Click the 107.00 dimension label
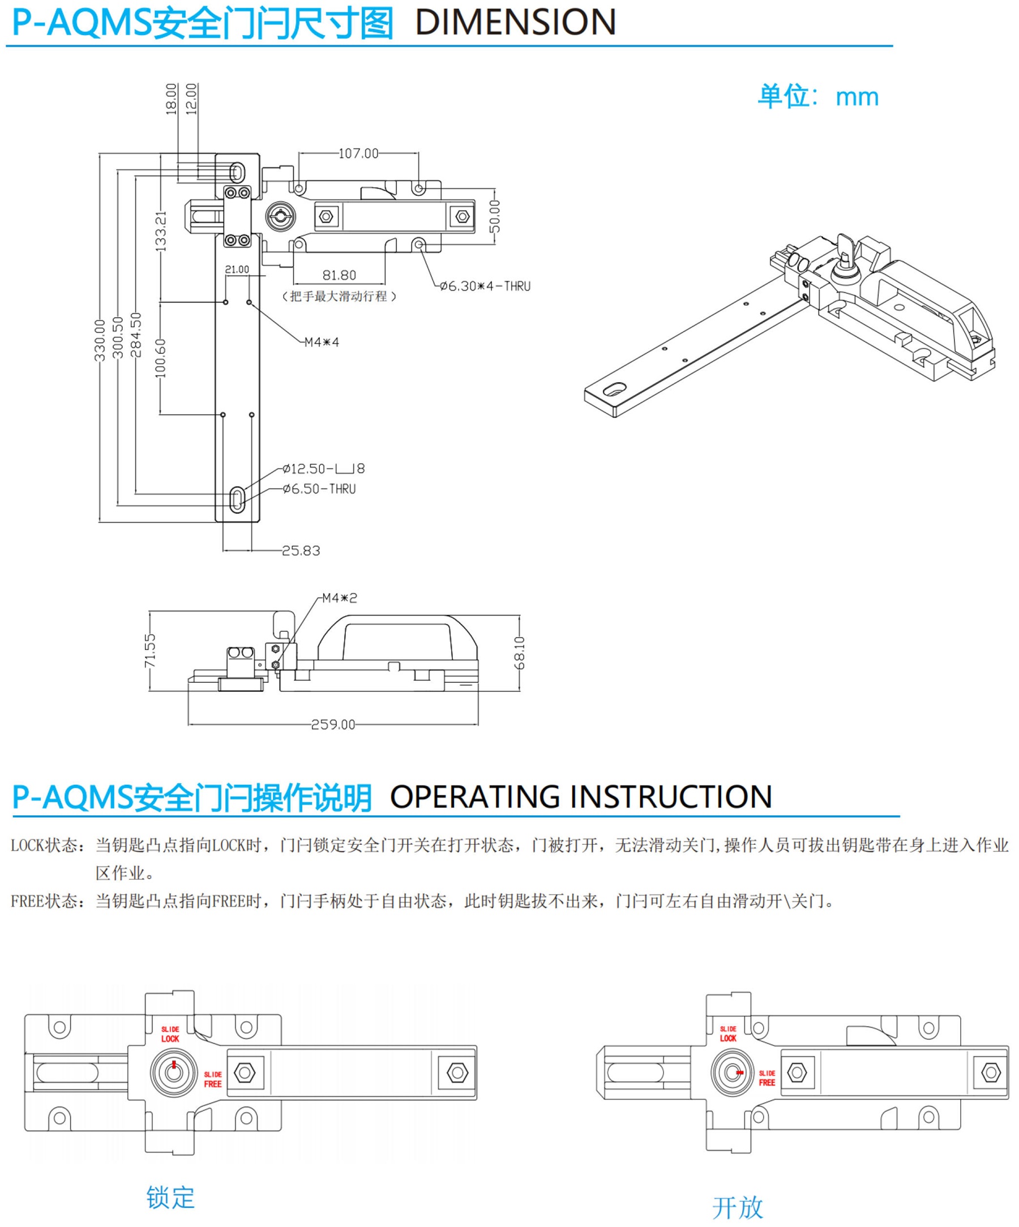point(358,153)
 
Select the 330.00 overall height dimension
point(100,340)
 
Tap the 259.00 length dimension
point(333,725)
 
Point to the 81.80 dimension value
point(340,275)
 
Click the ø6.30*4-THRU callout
point(485,287)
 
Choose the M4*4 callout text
point(322,342)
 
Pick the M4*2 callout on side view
point(340,598)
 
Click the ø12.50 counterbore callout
point(324,469)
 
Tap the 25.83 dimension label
point(301,551)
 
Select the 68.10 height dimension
point(520,653)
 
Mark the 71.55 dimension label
point(150,651)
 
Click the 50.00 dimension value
point(495,216)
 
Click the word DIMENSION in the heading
point(515,22)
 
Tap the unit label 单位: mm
point(818,96)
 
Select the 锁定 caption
point(170,1198)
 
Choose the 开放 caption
point(738,1207)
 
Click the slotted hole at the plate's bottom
point(238,499)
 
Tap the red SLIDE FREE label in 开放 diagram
point(767,1078)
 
